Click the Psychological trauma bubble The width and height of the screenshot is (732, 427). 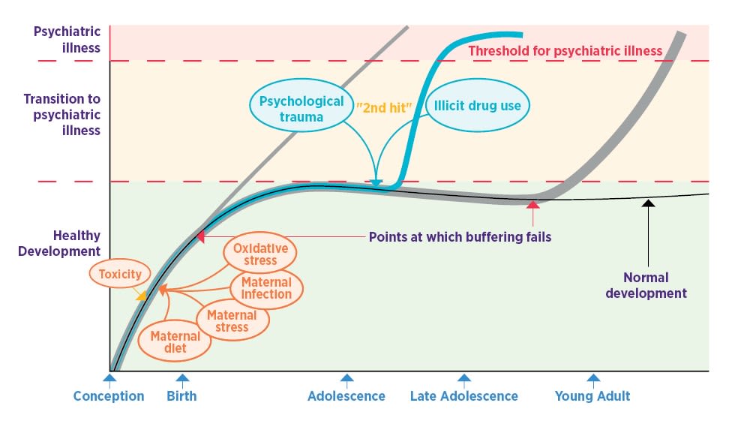(x=301, y=109)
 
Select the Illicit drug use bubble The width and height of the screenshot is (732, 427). (x=478, y=106)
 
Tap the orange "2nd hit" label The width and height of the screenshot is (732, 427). (x=384, y=107)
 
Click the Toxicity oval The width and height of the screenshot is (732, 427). (x=120, y=274)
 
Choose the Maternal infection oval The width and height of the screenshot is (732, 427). (x=266, y=287)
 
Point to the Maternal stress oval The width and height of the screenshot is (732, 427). (x=232, y=320)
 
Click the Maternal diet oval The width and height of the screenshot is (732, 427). (x=175, y=342)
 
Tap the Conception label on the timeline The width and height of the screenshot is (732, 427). (x=109, y=396)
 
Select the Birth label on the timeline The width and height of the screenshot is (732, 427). (x=181, y=396)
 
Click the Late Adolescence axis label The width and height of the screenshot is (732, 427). (x=464, y=396)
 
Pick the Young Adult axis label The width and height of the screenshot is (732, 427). (x=592, y=396)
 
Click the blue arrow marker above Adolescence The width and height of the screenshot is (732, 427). (x=346, y=379)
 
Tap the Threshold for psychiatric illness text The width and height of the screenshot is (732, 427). (x=565, y=51)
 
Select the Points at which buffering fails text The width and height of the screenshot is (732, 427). (x=460, y=237)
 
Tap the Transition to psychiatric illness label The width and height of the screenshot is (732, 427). (x=61, y=114)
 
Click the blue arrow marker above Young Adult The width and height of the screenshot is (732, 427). (x=593, y=379)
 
